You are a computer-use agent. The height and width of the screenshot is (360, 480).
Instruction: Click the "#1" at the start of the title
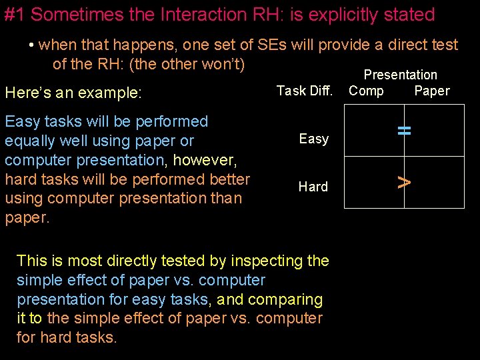(15, 15)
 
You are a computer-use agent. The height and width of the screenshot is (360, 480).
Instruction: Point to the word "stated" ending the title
(407, 15)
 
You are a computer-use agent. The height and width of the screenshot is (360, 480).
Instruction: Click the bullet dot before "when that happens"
(31, 45)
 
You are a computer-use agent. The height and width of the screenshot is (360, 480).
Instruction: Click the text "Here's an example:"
(73, 93)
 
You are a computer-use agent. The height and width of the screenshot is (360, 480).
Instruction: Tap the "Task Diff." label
(304, 91)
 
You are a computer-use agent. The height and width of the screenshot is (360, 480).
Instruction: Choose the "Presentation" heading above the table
(400, 75)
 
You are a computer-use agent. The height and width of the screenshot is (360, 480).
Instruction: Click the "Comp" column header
(366, 91)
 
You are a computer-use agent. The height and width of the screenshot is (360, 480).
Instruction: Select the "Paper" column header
(431, 91)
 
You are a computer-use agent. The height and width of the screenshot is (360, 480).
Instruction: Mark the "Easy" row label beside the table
(313, 139)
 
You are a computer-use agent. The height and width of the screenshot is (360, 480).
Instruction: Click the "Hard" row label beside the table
(313, 187)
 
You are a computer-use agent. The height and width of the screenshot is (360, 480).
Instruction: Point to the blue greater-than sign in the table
(403, 181)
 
